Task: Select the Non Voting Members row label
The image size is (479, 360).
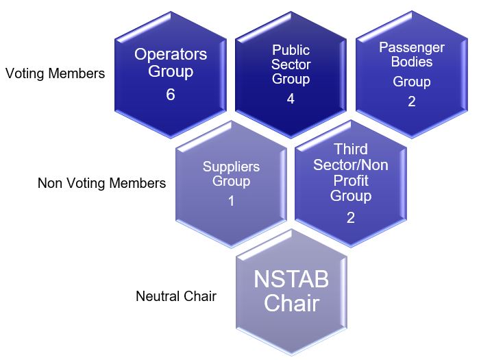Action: coord(101,183)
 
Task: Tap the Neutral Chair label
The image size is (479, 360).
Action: coord(176,296)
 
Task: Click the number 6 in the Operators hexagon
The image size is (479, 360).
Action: coord(171,95)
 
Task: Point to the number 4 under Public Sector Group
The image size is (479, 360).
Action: coord(291,98)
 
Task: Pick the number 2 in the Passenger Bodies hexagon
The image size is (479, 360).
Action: coord(411,101)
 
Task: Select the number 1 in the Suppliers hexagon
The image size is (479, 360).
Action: coord(231,202)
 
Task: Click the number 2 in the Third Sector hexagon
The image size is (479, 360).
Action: coord(350,217)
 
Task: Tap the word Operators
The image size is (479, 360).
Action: coord(171,54)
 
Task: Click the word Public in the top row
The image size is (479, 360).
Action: coord(291,49)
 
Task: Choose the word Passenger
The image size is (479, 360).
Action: coord(411,48)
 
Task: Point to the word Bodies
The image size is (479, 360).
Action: coord(412,62)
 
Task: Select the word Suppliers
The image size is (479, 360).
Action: coord(231,167)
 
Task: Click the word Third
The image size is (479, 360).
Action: coord(350,149)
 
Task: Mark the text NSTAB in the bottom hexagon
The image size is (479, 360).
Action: coord(291,280)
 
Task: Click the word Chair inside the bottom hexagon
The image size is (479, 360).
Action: coord(291,302)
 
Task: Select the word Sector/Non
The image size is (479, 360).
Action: coord(350,165)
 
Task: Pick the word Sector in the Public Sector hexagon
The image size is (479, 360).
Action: coord(291,64)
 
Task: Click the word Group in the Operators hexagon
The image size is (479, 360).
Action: coord(171,71)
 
